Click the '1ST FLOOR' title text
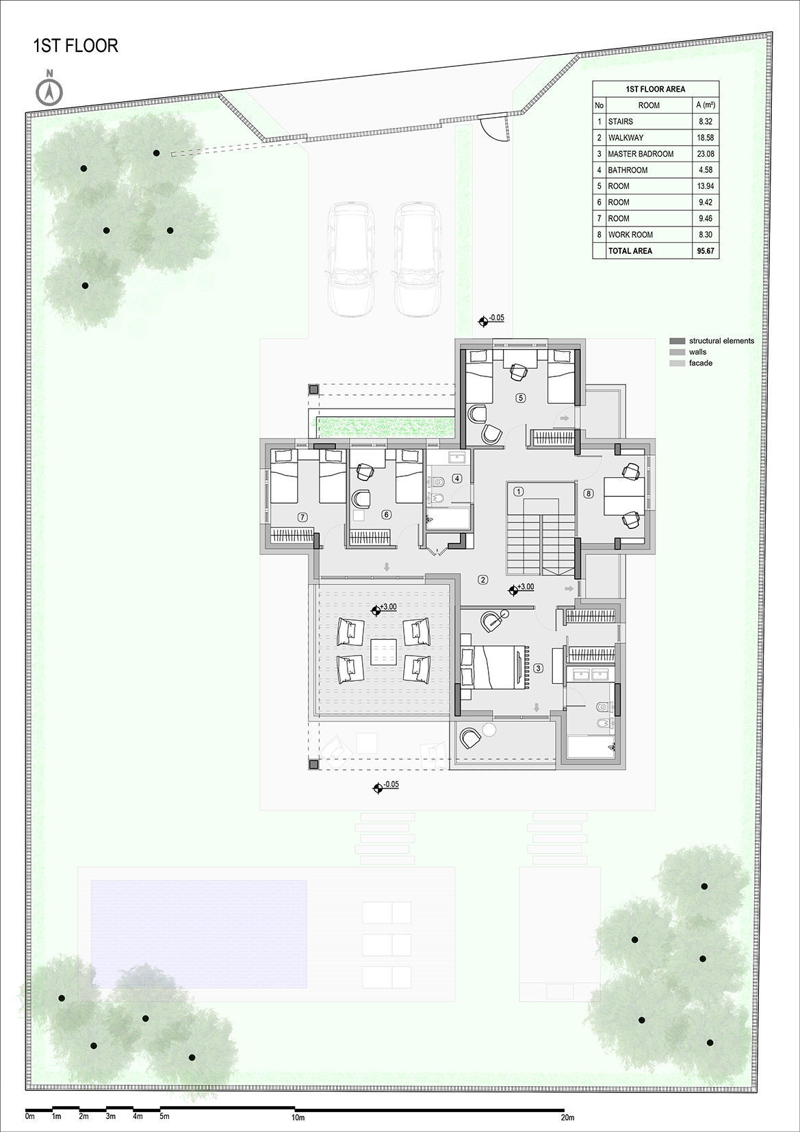coord(76,46)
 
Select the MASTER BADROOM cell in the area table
coord(641,154)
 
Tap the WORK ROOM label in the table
coord(630,235)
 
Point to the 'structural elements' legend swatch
coord(678,341)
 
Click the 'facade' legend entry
coord(701,363)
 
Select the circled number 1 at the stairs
coord(519,491)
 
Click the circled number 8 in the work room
coord(588,493)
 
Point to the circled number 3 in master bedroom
coord(539,668)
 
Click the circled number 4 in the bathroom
coord(457,478)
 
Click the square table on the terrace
coord(383,651)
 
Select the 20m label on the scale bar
coord(567,1117)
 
